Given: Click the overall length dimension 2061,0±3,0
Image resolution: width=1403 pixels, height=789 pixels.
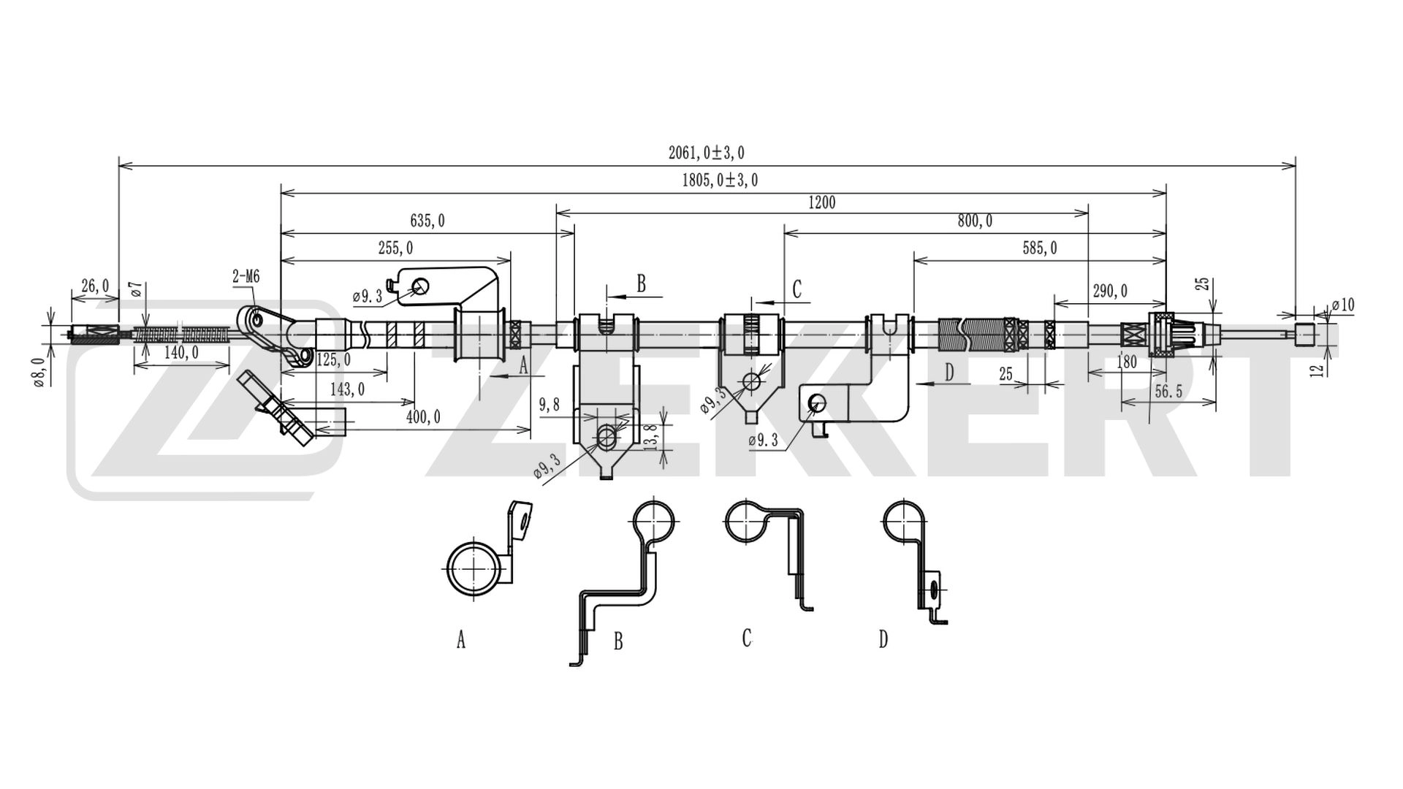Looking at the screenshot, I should click(x=706, y=153).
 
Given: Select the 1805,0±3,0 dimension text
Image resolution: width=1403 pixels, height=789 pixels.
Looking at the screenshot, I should click(x=720, y=180).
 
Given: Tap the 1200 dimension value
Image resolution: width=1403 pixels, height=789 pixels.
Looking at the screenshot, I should click(x=821, y=203).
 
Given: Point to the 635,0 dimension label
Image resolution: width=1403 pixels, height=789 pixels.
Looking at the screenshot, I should click(x=427, y=221).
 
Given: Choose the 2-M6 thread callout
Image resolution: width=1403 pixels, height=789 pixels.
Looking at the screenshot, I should click(x=246, y=277).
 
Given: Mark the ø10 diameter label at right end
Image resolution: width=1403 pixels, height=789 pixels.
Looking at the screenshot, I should click(x=1342, y=305).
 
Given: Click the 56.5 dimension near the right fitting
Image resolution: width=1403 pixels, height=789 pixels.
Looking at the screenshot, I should click(x=1168, y=392).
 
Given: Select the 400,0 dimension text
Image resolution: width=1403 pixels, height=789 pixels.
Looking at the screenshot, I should click(x=423, y=417).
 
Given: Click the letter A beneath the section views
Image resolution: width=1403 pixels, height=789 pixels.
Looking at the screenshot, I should click(x=461, y=641).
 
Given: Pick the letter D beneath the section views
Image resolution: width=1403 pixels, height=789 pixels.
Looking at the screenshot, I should click(x=883, y=640).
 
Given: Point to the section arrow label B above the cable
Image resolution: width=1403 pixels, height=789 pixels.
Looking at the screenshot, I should click(x=641, y=283).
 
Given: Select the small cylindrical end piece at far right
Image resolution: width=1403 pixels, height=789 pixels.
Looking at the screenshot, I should click(x=1304, y=335).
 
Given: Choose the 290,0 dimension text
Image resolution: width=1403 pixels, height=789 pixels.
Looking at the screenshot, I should click(x=1109, y=291).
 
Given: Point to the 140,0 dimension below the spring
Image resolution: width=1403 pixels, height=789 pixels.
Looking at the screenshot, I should click(x=180, y=354).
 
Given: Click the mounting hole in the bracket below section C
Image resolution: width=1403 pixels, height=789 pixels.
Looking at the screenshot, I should click(x=750, y=381).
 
